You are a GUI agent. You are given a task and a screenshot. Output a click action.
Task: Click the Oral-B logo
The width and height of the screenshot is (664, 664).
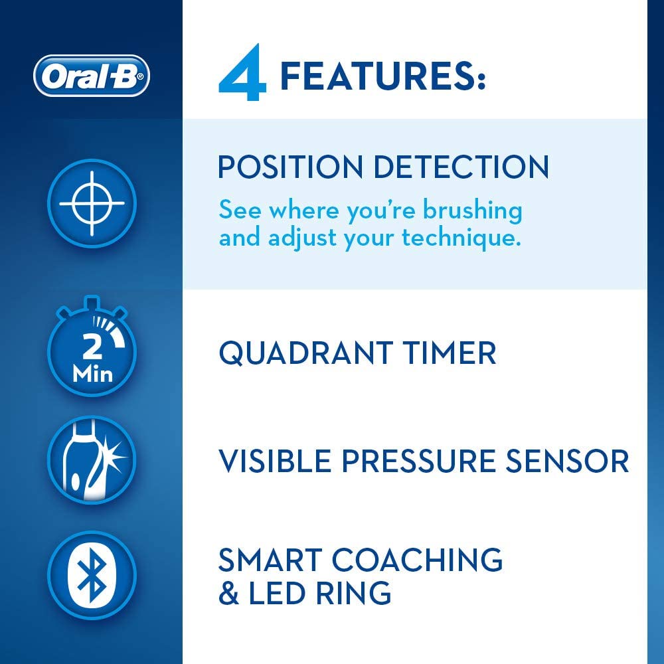tap(92, 76)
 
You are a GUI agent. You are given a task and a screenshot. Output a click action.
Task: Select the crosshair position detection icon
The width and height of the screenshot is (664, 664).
tap(92, 203)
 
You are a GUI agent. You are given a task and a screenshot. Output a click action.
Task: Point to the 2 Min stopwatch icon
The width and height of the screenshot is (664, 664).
tap(92, 347)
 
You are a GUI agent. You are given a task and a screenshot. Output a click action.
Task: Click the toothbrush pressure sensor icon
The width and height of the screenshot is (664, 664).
tap(92, 460)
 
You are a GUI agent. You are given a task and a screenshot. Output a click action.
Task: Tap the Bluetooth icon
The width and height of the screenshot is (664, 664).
tap(92, 576)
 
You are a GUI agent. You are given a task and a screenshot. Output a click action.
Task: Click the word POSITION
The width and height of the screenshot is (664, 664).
tap(291, 167)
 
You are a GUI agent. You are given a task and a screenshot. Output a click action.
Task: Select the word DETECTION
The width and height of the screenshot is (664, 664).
tap(461, 167)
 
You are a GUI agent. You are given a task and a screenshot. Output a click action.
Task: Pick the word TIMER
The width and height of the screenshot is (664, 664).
tap(449, 353)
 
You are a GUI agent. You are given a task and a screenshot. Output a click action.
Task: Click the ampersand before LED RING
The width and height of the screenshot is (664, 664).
tap(228, 592)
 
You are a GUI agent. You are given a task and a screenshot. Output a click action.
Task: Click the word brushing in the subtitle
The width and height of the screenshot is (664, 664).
tap(473, 210)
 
